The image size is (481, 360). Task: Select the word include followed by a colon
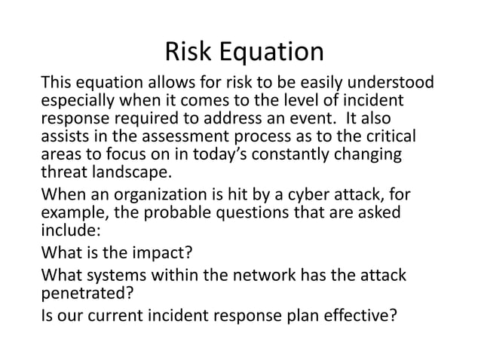(67, 232)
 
